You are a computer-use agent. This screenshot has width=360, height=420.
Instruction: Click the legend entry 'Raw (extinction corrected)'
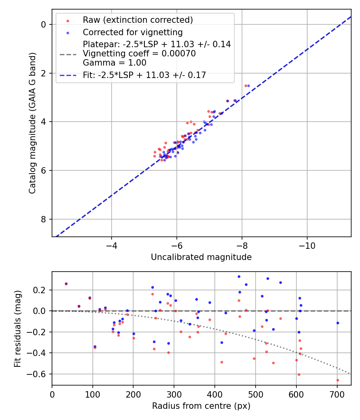pos(138,20)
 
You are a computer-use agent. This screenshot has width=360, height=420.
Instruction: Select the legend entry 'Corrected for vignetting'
pos(132,32)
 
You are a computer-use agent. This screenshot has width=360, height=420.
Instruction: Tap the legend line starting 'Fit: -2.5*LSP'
pos(144,75)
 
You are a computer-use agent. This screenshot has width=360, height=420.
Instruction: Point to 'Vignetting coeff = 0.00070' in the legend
pos(139,54)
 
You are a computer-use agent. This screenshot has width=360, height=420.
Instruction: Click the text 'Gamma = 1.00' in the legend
pos(114,63)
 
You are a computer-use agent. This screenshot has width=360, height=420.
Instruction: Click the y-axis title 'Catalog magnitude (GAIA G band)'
pos(32,123)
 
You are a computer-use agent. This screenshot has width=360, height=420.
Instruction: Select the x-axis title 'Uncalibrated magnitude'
pos(201,257)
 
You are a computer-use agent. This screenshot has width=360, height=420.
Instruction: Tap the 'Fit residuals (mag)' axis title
pos(17,328)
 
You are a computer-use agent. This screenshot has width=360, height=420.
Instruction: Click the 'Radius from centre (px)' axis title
pos(201,406)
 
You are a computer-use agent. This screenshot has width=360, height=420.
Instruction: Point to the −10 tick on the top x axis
pos(307,245)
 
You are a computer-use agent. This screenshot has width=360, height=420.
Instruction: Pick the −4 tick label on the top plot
pos(111,245)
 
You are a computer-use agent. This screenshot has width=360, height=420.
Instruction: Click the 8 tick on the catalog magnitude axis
pos(44,219)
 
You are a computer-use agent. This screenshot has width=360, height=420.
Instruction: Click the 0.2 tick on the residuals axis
pos(42,290)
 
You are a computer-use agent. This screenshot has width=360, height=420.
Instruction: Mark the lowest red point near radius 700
pos(338,380)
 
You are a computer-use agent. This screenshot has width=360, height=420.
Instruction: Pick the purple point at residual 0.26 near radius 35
pos(66,284)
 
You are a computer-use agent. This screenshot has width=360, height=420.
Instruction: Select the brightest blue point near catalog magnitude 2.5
pos(248,86)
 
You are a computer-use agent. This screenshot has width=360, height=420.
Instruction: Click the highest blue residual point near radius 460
pos(239,276)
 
